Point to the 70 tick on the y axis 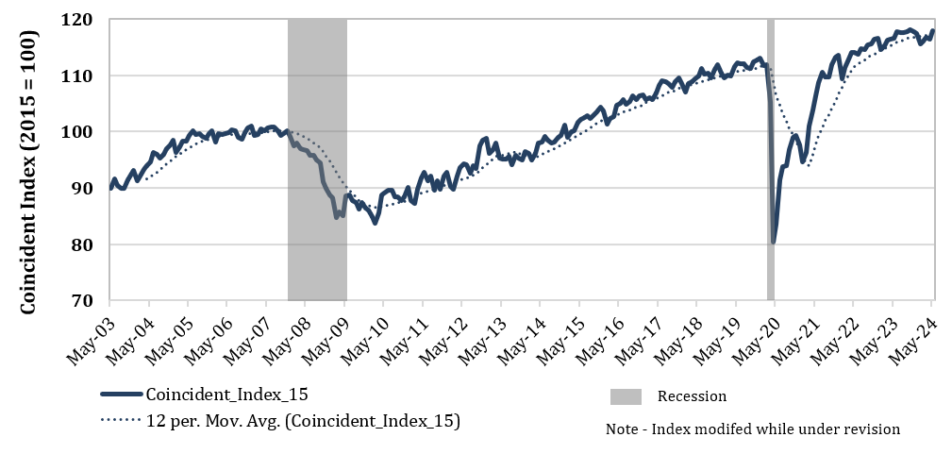coord(83,301)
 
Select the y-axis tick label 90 coord(83,189)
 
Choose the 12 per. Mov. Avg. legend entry coord(303,421)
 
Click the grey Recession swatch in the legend coord(626,395)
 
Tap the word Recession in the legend coord(692,395)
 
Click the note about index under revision coord(753,429)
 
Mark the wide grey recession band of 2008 coord(317,160)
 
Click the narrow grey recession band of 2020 coord(771,160)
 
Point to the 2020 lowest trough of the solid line coord(774,242)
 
